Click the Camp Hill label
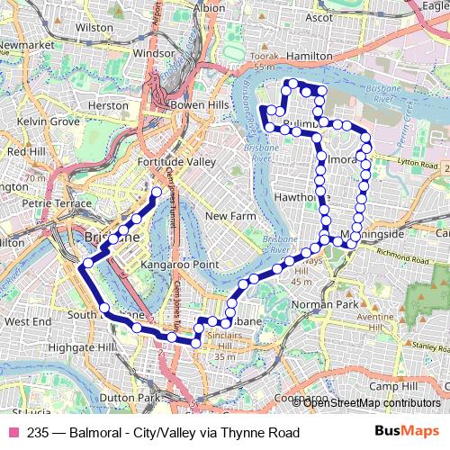(392, 386)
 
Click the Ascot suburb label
(319, 17)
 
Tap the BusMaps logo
(409, 432)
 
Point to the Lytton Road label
(415, 166)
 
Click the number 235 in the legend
(37, 432)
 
